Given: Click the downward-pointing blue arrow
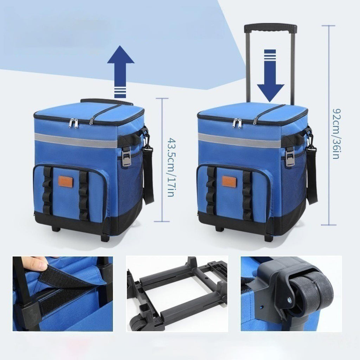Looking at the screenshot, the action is pyautogui.click(x=270, y=76).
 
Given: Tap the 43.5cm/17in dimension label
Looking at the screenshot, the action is pyautogui.click(x=172, y=167).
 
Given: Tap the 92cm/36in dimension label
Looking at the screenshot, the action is pyautogui.click(x=336, y=134).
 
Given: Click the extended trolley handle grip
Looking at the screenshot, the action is pyautogui.click(x=270, y=28).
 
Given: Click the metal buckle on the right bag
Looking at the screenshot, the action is pyautogui.click(x=290, y=156).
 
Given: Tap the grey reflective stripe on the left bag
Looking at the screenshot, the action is pyautogui.click(x=76, y=140).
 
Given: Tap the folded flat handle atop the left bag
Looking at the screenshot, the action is pyautogui.click(x=107, y=102).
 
